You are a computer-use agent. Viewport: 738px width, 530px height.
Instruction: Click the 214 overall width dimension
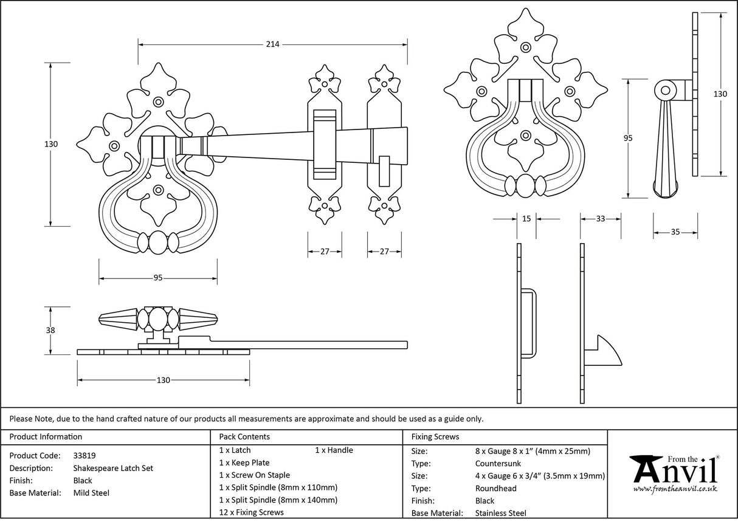[272, 44]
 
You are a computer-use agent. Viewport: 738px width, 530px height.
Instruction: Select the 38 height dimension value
[50, 331]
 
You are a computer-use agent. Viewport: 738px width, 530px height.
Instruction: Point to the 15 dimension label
[526, 219]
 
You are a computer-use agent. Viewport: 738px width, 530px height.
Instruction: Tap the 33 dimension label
[601, 219]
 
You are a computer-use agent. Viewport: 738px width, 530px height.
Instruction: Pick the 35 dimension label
[675, 232]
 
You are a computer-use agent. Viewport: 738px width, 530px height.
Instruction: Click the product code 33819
[84, 455]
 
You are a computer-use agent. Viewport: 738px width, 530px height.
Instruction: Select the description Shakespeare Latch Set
[113, 468]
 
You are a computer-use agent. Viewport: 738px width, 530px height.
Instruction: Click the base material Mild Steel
[91, 493]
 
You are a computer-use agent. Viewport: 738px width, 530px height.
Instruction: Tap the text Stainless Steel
[501, 513]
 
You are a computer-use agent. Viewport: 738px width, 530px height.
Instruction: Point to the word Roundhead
[495, 488]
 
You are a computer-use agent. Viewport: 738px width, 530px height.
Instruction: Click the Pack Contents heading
[244, 436]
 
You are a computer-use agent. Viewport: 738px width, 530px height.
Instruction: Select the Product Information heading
[46, 436]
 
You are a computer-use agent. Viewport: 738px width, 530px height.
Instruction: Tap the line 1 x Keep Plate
[244, 463]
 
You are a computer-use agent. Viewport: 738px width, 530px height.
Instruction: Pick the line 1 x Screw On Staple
[254, 475]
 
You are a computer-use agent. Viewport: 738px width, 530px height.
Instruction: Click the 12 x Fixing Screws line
[251, 512]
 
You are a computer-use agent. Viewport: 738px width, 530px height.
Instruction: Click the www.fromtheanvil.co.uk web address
[675, 489]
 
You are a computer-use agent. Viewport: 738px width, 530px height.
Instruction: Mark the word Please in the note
[22, 418]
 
